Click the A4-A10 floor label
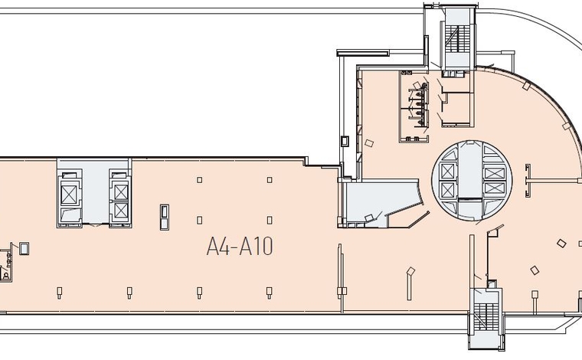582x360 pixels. coord(240,247)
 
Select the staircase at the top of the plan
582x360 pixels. coord(457,40)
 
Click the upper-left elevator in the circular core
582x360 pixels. coord(447,171)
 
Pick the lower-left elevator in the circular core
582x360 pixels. coord(447,190)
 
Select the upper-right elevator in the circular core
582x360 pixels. coord(495,173)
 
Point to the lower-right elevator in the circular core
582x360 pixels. coord(495,188)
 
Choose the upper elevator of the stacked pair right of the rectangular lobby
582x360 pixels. coord(121,192)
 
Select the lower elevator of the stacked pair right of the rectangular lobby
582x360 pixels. coord(121,210)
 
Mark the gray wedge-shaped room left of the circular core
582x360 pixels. coord(382,203)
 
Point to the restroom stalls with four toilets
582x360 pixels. coord(419,104)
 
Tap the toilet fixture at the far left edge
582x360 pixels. coord(5,275)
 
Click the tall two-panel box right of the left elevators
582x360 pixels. coord(165,217)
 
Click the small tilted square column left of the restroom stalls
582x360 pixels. coord(369,143)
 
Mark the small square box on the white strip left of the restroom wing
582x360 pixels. coord(345,141)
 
